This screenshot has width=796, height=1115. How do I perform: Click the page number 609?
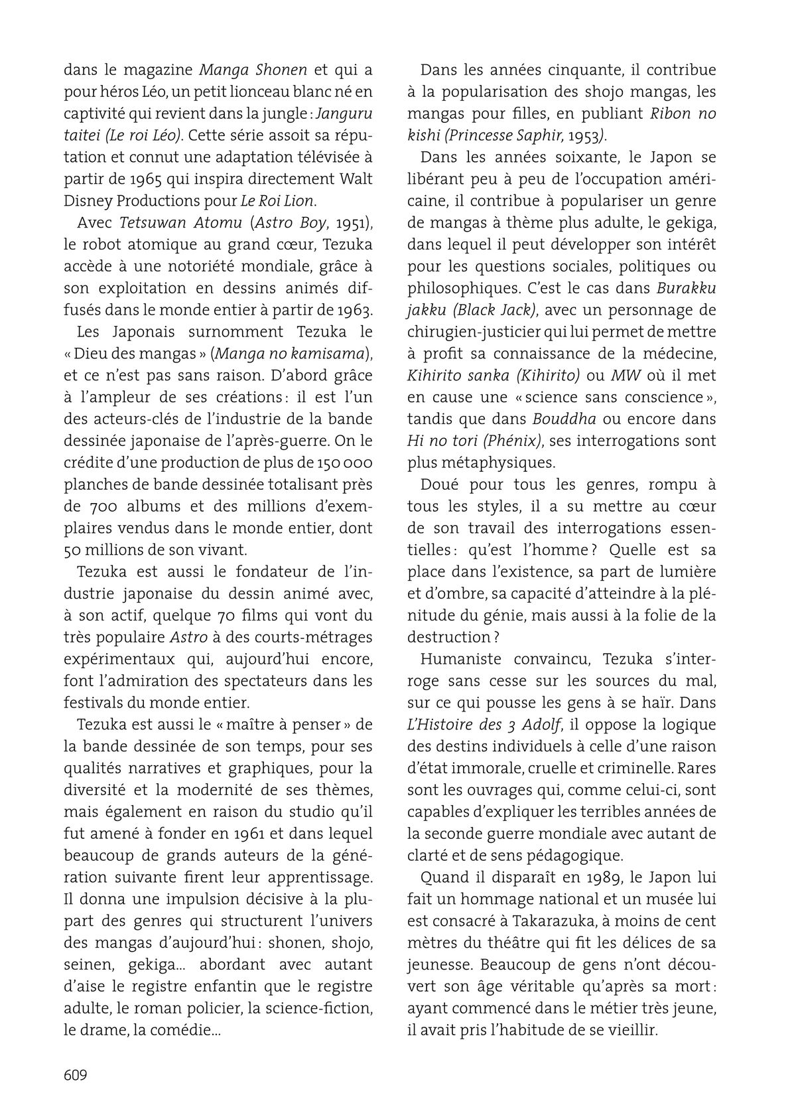76,1075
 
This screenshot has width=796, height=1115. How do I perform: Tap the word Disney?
86,201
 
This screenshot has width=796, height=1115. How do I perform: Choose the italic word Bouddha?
564,419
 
